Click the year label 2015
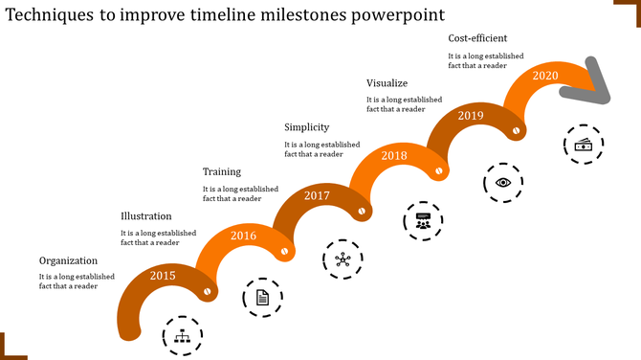point(163,277)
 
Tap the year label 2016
point(244,236)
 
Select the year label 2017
point(317,195)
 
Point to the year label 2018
point(394,155)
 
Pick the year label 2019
point(471,115)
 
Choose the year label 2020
point(545,76)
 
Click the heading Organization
point(69,260)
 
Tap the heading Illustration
point(146,216)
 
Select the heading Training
point(222,171)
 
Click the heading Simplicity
point(307,127)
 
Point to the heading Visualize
point(387,83)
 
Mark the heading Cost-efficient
point(478,38)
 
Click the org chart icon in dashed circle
point(182,336)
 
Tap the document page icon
point(262,298)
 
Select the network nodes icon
point(343,259)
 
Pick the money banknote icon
point(583,144)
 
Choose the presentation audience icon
point(422,221)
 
